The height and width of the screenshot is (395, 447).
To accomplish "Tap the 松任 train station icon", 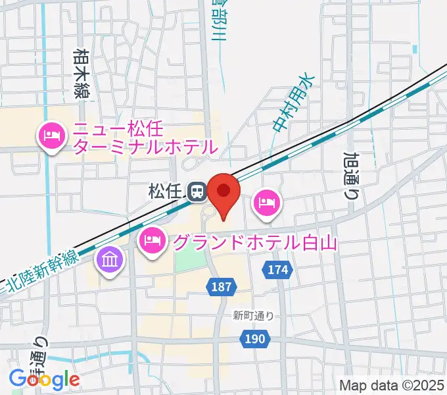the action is (195, 192).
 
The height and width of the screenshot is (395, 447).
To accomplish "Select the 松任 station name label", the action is (165, 192).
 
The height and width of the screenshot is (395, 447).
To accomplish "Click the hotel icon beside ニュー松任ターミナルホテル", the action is (51, 136).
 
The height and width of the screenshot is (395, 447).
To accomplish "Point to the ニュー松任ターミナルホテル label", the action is (145, 136).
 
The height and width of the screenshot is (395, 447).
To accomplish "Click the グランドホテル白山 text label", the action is (254, 242).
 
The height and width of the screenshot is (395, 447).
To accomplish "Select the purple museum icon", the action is (109, 259).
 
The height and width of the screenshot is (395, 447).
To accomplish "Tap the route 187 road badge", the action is (220, 286).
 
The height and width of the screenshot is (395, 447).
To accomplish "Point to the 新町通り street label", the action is (253, 315).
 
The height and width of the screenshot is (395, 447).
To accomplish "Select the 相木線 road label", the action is (82, 73).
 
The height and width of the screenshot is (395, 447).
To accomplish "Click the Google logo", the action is (45, 379).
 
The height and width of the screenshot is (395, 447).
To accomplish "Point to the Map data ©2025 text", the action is (392, 384).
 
